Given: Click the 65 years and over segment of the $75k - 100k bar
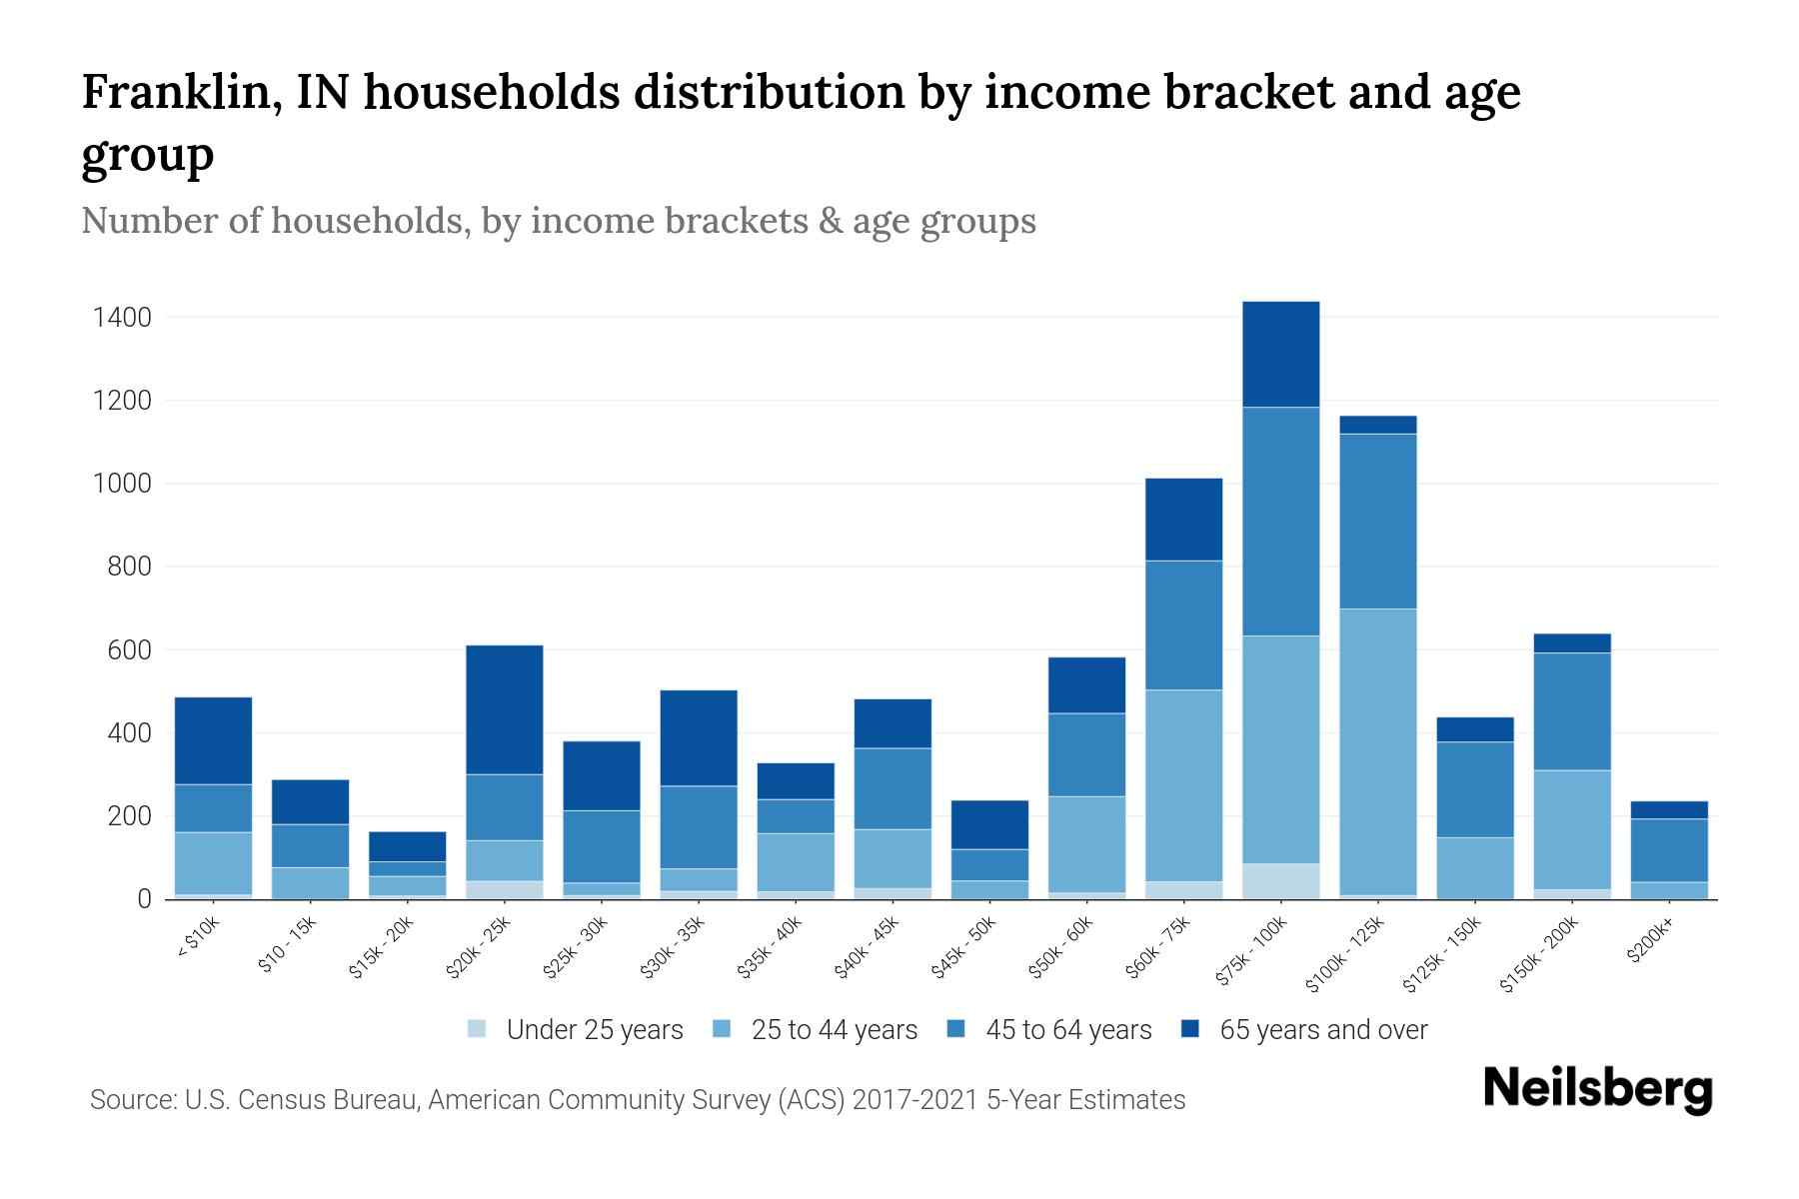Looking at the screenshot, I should pyautogui.click(x=1280, y=354).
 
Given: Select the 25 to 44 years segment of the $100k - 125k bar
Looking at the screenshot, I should pyautogui.click(x=1377, y=751).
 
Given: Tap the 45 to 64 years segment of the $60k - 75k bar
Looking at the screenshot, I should pyautogui.click(x=1183, y=624).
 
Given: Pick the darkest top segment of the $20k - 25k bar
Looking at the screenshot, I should pyautogui.click(x=505, y=709).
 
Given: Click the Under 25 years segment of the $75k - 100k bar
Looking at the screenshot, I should pyautogui.click(x=1280, y=880).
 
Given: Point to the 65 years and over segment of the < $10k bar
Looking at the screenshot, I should pyautogui.click(x=213, y=740).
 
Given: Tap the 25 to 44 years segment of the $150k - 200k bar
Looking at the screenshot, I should pyautogui.click(x=1571, y=829).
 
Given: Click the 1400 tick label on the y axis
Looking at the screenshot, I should pyautogui.click(x=122, y=318).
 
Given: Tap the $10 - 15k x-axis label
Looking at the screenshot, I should pyautogui.click(x=288, y=945).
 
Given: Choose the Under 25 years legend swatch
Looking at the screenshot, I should pyautogui.click(x=478, y=1029).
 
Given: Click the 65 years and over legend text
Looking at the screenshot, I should pyautogui.click(x=1323, y=1030).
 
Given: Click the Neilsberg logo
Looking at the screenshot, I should pyautogui.click(x=1597, y=1089).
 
